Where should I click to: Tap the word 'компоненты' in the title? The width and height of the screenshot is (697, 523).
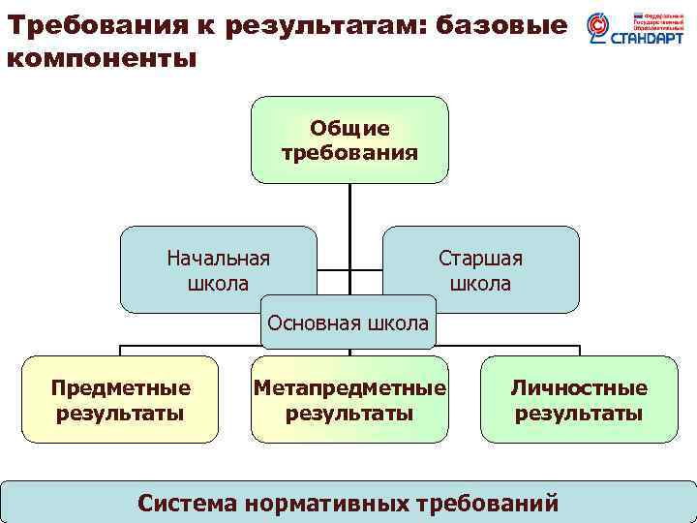click(102, 58)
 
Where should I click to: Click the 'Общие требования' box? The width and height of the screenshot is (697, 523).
click(349, 139)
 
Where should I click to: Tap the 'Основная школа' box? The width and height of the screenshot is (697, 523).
click(348, 323)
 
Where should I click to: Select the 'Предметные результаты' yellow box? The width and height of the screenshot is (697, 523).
click(120, 399)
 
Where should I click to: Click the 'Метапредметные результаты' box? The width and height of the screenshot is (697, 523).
click(349, 399)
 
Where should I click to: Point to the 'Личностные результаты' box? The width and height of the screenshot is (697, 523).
click(579, 399)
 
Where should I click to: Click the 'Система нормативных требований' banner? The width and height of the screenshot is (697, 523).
click(348, 502)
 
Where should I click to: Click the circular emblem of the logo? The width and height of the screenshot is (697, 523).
click(599, 30)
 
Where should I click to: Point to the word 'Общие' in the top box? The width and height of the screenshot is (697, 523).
click(349, 129)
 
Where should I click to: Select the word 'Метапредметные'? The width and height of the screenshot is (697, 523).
click(349, 388)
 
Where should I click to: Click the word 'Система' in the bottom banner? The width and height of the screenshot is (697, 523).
click(188, 503)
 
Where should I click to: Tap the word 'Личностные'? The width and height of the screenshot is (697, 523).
click(579, 388)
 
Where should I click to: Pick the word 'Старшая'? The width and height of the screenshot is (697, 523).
click(481, 259)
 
